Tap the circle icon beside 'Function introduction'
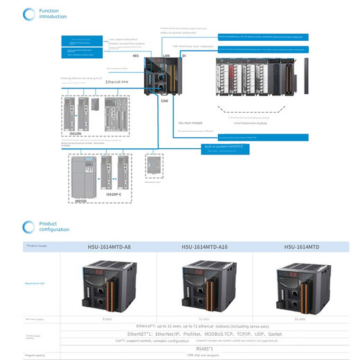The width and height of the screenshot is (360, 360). pyautogui.click(x=28, y=14)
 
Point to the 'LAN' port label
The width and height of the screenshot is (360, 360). pyautogui.click(x=166, y=54)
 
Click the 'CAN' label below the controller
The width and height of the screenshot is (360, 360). pyautogui.click(x=165, y=100)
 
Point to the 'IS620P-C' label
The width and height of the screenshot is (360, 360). pyautogui.click(x=113, y=195)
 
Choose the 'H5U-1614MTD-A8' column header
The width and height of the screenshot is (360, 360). pyautogui.click(x=109, y=246)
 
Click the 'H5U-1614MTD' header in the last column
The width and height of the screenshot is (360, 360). pyautogui.click(x=300, y=246)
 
